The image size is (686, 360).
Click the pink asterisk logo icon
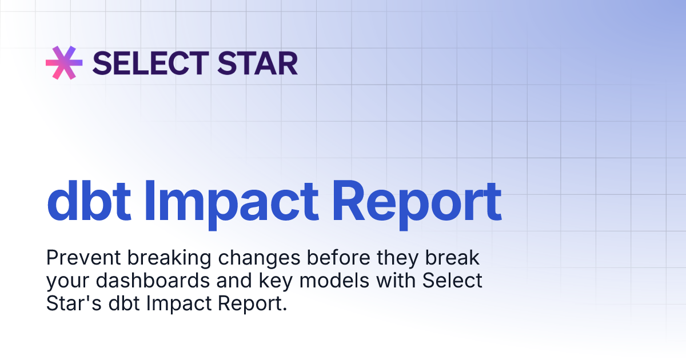[64, 62]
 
